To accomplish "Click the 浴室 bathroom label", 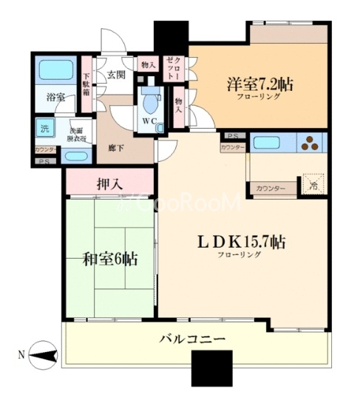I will (x=56, y=97).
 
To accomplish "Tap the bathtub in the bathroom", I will (x=55, y=71).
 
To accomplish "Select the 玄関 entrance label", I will (x=115, y=75).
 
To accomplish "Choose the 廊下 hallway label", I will (x=115, y=128).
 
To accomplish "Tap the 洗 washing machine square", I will (x=46, y=127).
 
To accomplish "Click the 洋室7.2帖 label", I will (x=259, y=84).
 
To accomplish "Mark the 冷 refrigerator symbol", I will (x=311, y=184).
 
